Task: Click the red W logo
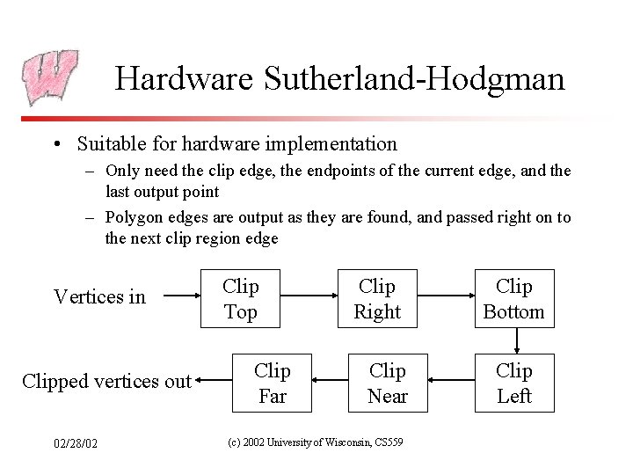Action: click(49, 77)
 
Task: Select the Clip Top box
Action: click(241, 298)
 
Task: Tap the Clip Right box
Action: click(377, 298)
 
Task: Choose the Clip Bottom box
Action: click(514, 298)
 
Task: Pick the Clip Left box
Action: click(514, 383)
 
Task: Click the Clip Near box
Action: click(387, 383)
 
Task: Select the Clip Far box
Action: click(273, 383)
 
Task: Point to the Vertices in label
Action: click(99, 297)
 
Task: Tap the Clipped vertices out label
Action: click(106, 382)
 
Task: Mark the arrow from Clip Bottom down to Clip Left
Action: click(516, 341)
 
